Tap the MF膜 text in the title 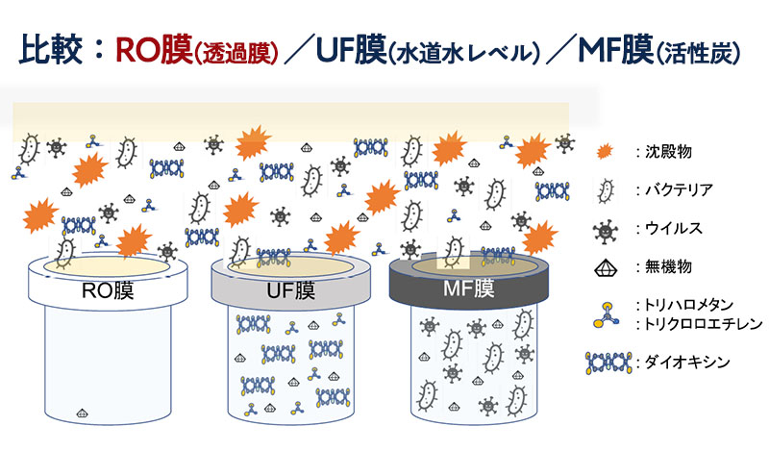pyautogui.click(x=613, y=49)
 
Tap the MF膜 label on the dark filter pyautogui.click(x=469, y=287)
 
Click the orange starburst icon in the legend pyautogui.click(x=604, y=152)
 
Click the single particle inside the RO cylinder pyautogui.click(x=84, y=413)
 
